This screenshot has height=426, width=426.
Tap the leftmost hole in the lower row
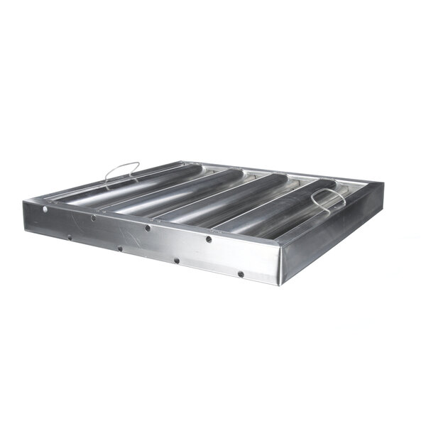(70, 237)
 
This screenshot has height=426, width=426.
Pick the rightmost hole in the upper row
(209, 239)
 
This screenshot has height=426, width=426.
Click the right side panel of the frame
(334, 227)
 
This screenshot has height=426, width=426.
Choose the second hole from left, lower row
(120, 248)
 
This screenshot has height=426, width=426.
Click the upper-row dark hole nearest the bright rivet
(93, 218)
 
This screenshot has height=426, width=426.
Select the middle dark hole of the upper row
(148, 228)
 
